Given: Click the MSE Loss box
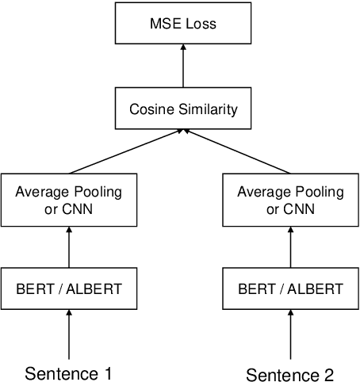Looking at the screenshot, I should [183, 25].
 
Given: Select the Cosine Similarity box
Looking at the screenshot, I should [183, 109].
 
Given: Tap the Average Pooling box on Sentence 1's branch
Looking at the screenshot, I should [69, 201].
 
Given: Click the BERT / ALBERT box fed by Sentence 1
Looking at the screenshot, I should [69, 288].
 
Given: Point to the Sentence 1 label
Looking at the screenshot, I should [69, 372].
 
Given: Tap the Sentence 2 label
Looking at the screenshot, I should [289, 373].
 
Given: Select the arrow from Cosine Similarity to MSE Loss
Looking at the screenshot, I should [183, 67].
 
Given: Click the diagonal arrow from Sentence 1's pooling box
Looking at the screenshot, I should [127, 151].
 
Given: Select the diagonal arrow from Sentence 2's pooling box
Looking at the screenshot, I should [238, 151].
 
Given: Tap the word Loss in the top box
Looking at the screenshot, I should [201, 25].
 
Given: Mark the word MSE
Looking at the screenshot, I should [165, 25].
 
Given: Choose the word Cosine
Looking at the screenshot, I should [153, 109].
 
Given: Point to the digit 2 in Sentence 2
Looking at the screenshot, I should [328, 373].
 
